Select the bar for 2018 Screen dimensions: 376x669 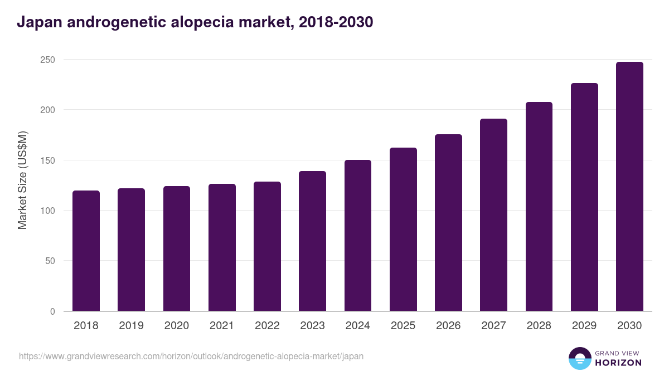click(86, 251)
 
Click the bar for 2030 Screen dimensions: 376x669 click(629, 187)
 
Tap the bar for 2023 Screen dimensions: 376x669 click(312, 241)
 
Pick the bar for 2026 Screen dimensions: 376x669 click(448, 223)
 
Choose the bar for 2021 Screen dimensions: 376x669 click(222, 247)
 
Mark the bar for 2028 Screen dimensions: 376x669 click(539, 207)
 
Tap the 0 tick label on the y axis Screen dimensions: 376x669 click(52, 311)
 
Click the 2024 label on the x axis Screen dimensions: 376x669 click(357, 326)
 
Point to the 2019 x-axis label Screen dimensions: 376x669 click(131, 326)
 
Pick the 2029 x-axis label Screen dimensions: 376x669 click(584, 326)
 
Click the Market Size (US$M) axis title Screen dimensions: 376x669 click(22, 180)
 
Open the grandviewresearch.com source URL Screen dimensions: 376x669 click(191, 356)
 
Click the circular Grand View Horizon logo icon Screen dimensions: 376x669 click(579, 359)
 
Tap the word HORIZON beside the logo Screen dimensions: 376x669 click(618, 363)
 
